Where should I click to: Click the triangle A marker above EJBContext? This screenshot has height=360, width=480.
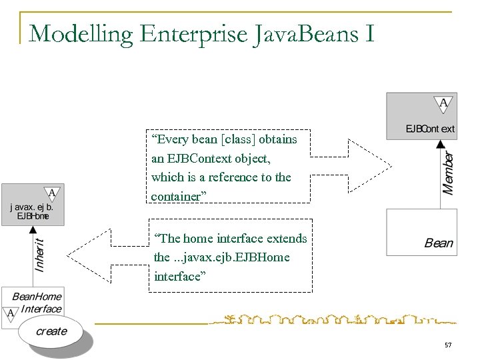coord(443,103)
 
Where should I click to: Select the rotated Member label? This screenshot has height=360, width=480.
coord(450,172)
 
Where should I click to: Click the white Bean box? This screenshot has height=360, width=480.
coord(421,232)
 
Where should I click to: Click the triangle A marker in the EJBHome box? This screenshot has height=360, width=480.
coord(53,194)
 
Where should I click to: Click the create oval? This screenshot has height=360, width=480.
coord(51,331)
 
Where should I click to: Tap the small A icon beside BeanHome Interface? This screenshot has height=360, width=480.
coord(11,313)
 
